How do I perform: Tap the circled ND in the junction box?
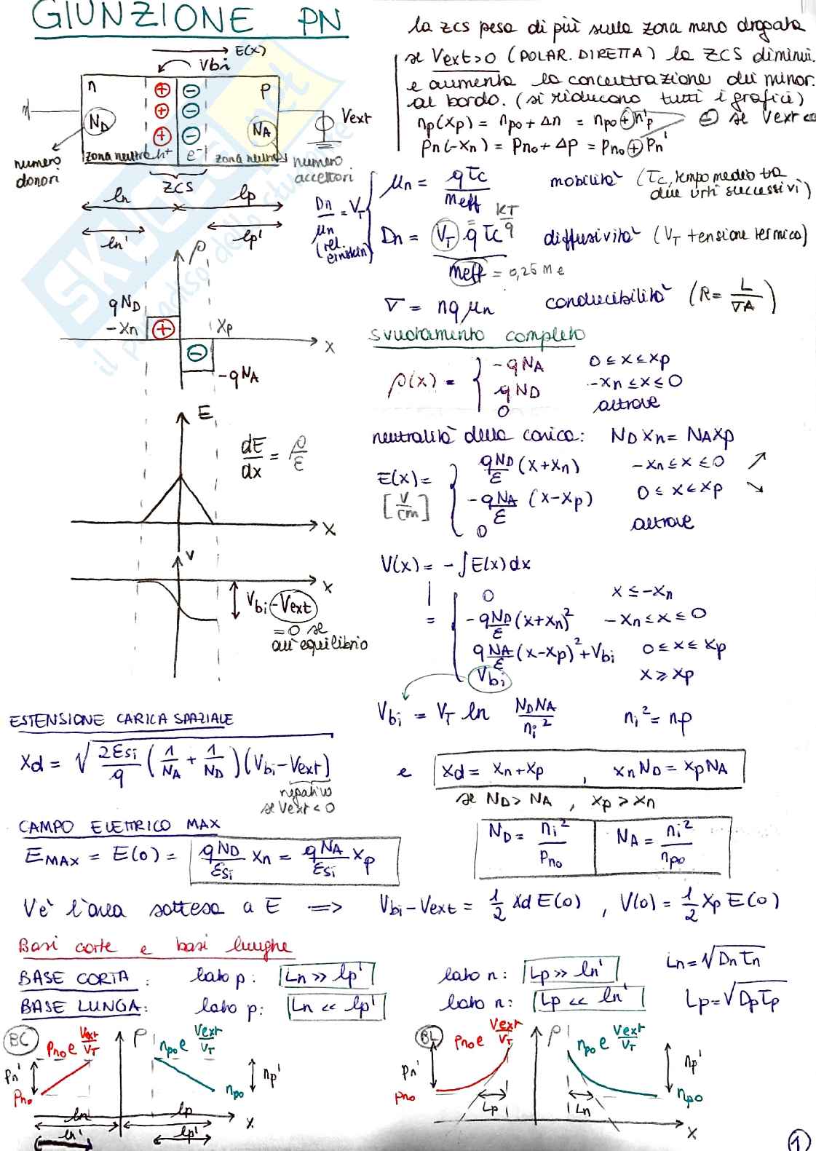pyautogui.click(x=98, y=123)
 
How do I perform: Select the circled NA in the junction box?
pyautogui.click(x=262, y=130)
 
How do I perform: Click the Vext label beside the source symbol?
pyautogui.click(x=355, y=117)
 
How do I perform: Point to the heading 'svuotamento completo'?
pyautogui.click(x=478, y=336)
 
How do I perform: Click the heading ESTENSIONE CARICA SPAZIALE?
pyautogui.click(x=121, y=720)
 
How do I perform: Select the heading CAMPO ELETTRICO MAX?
pyautogui.click(x=119, y=826)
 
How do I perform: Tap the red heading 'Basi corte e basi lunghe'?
pyautogui.click(x=153, y=946)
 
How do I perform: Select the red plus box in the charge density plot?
pyautogui.click(x=162, y=329)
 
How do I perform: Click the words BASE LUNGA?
pyautogui.click(x=79, y=1007)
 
